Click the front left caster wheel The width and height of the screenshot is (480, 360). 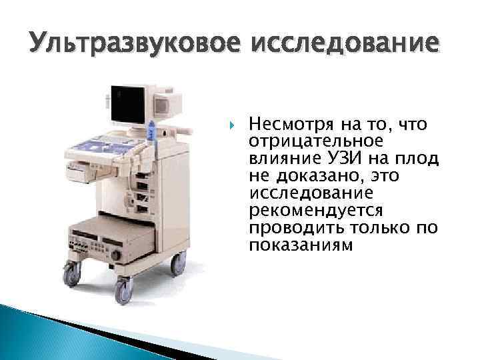coord(71,273)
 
